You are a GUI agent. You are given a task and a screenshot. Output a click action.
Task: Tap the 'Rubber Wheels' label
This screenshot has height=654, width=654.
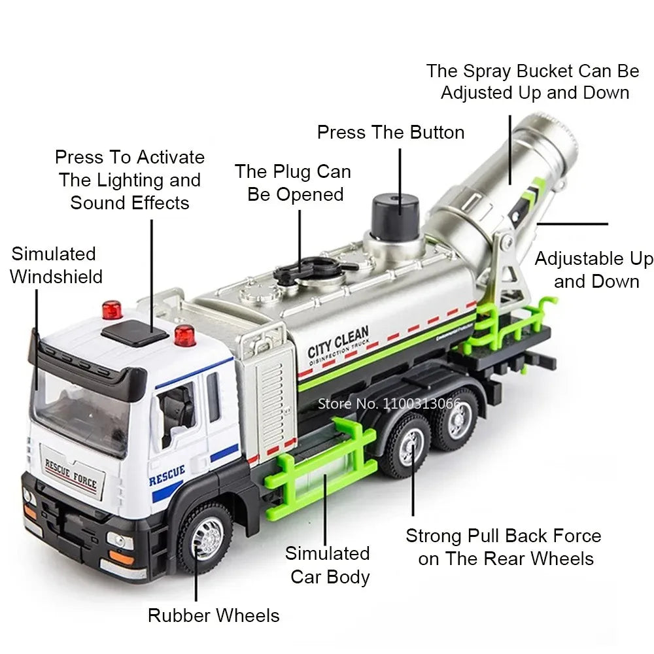click(213, 615)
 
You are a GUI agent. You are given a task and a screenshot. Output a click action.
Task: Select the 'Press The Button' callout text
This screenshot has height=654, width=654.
click(390, 132)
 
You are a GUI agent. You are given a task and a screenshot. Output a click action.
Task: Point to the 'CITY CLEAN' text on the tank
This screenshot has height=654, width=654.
click(338, 342)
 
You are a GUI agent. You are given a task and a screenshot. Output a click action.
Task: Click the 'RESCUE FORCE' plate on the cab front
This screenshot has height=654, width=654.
click(71, 475)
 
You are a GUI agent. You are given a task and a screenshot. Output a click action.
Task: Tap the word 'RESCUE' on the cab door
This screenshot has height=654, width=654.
click(167, 476)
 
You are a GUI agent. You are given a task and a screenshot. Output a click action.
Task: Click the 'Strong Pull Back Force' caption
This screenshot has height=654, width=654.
click(503, 547)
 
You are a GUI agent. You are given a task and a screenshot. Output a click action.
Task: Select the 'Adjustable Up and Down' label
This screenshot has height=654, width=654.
click(594, 269)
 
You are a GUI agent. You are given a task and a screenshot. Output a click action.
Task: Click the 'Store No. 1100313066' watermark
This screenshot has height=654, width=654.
click(389, 403)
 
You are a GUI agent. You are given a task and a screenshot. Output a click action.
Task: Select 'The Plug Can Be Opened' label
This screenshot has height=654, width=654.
click(293, 183)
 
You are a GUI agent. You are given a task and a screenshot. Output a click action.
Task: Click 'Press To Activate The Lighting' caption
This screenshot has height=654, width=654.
click(129, 180)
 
